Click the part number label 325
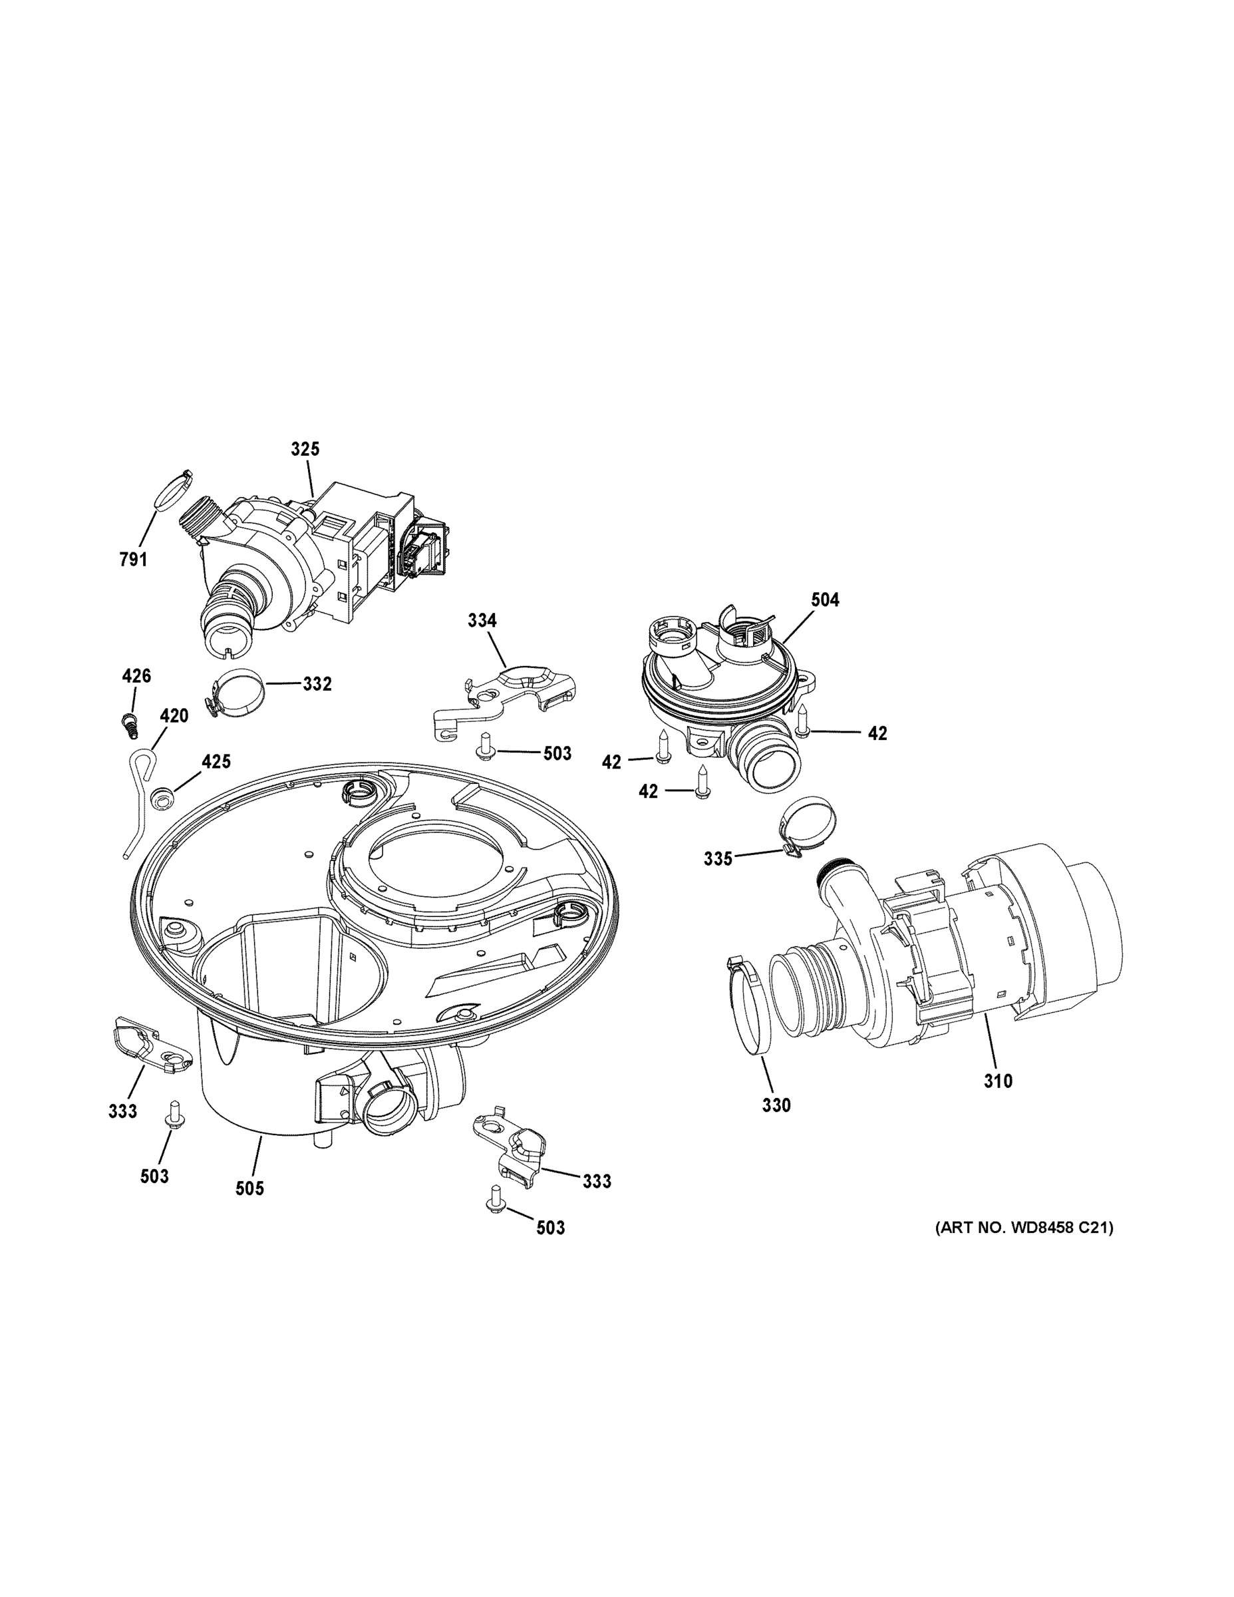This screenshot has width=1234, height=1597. pyautogui.click(x=305, y=449)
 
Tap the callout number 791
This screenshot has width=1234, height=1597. pyautogui.click(x=133, y=560)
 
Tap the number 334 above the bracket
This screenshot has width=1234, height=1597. pyautogui.click(x=482, y=621)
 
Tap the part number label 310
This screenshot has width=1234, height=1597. pyautogui.click(x=998, y=1081)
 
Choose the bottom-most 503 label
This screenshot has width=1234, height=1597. pyautogui.click(x=550, y=1228)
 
